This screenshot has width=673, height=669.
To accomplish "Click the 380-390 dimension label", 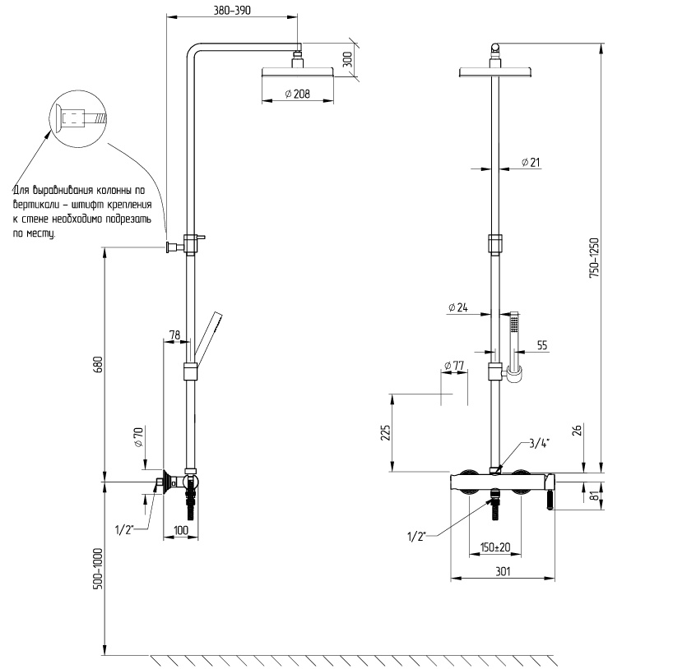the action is [x=232, y=10].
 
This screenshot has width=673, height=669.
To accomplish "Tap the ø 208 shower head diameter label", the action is [x=298, y=94].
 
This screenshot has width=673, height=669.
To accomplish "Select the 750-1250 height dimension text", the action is [x=593, y=258].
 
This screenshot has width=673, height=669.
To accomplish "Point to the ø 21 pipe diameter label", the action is [x=531, y=162].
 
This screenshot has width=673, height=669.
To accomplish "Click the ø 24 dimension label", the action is [x=458, y=307].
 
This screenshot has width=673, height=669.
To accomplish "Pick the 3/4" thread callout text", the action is [x=539, y=443].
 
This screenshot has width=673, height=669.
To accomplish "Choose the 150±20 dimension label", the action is [x=495, y=547].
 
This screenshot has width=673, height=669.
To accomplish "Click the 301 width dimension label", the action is [x=503, y=571].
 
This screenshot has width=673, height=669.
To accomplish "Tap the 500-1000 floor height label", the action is [x=98, y=569].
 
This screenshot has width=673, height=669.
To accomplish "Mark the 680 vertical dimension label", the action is [x=98, y=365].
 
